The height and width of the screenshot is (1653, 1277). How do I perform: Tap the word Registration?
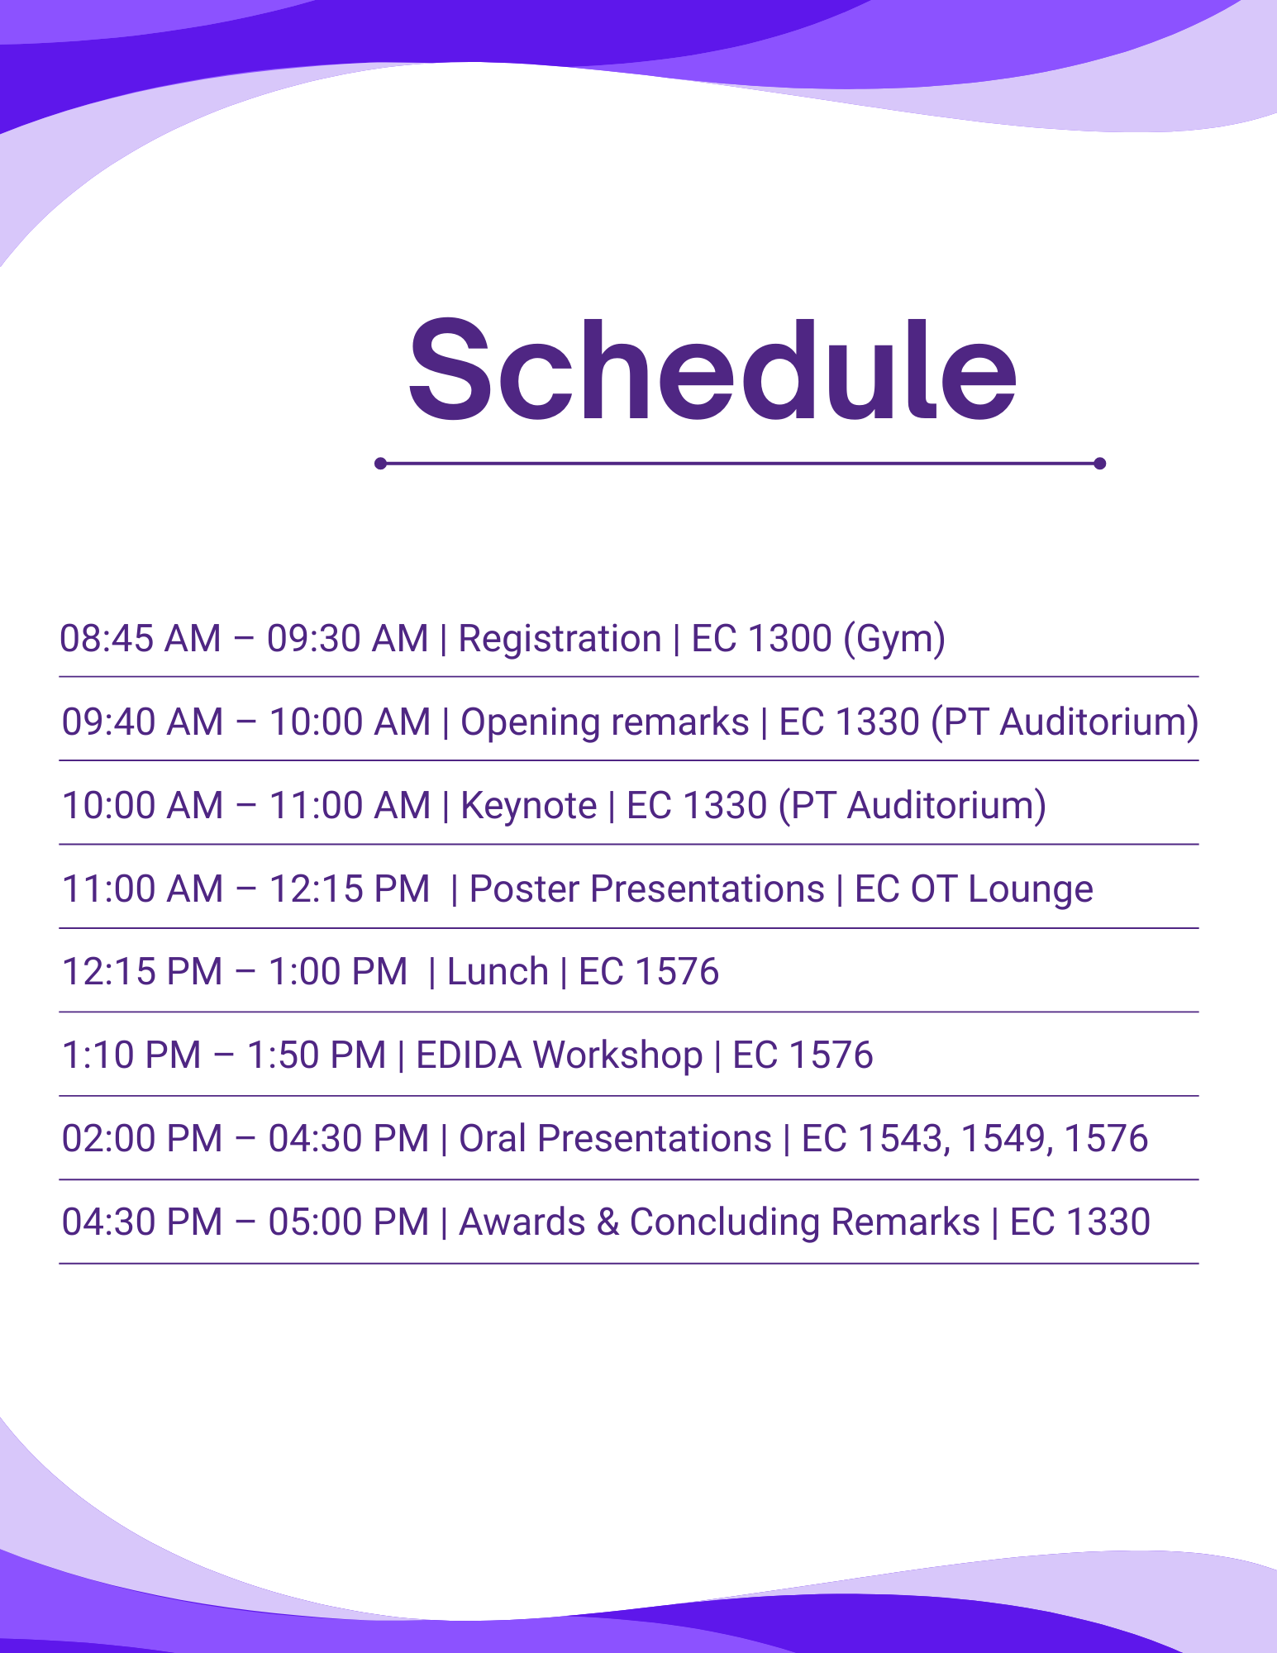[x=560, y=639]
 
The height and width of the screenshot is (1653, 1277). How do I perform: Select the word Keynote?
[x=528, y=806]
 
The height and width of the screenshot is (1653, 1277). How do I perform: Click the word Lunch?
[x=498, y=972]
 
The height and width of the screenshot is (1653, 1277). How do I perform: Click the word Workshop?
[x=617, y=1055]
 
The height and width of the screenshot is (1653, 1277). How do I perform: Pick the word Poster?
[x=524, y=889]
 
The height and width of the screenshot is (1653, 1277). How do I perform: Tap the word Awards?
[x=522, y=1222]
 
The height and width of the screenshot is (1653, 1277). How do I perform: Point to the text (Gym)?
[x=894, y=639]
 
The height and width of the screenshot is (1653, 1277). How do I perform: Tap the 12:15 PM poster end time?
[x=350, y=889]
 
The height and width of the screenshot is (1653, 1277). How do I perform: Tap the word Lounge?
[x=1031, y=889]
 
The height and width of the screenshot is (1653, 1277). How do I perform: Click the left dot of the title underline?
[x=380, y=464]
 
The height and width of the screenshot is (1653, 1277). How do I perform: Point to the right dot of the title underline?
[x=1099, y=464]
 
